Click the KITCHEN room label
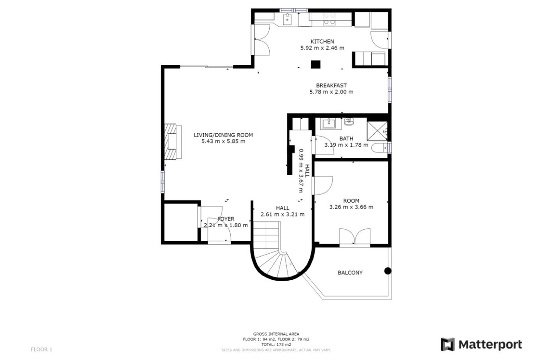(x=322, y=41)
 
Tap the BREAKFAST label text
(x=331, y=85)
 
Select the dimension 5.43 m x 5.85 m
(x=223, y=141)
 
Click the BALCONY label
(x=350, y=273)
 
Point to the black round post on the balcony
(x=388, y=270)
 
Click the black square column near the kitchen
(x=316, y=65)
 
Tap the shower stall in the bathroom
(x=377, y=131)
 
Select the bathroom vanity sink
(x=329, y=123)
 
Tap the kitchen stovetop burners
(x=329, y=18)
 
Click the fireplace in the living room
(x=172, y=141)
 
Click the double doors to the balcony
(x=355, y=237)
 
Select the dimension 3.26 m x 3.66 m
(x=351, y=207)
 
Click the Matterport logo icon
(x=448, y=345)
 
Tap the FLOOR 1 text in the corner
(x=41, y=349)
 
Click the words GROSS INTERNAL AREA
(x=276, y=334)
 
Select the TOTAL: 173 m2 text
(x=276, y=344)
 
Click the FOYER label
(x=225, y=219)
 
